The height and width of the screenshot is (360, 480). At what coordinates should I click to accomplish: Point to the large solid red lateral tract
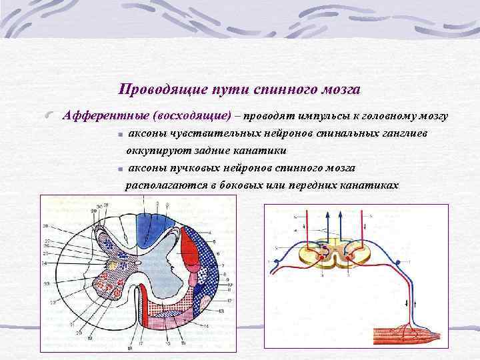(191, 257)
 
